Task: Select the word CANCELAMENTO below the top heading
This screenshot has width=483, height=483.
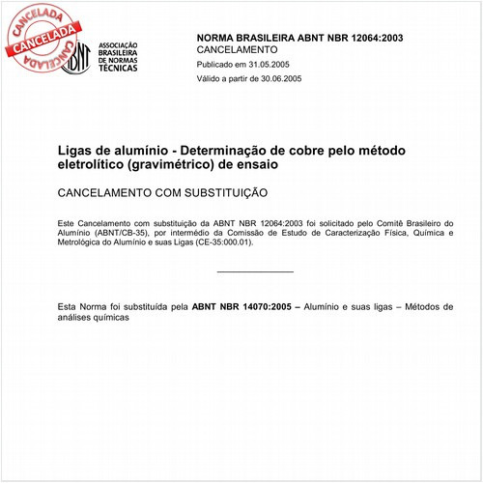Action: [x=237, y=49]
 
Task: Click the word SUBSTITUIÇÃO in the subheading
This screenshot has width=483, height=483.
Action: [x=218, y=193]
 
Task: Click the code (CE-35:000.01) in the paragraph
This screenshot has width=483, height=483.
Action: [x=218, y=242]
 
